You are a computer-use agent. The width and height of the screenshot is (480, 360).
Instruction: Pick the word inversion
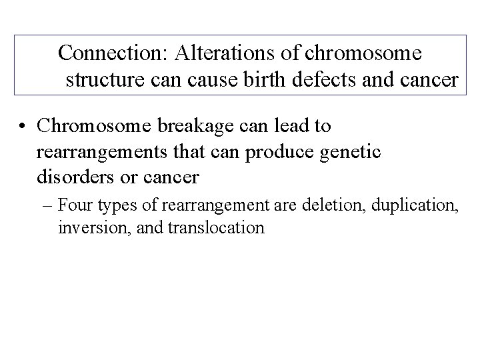coord(86,228)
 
